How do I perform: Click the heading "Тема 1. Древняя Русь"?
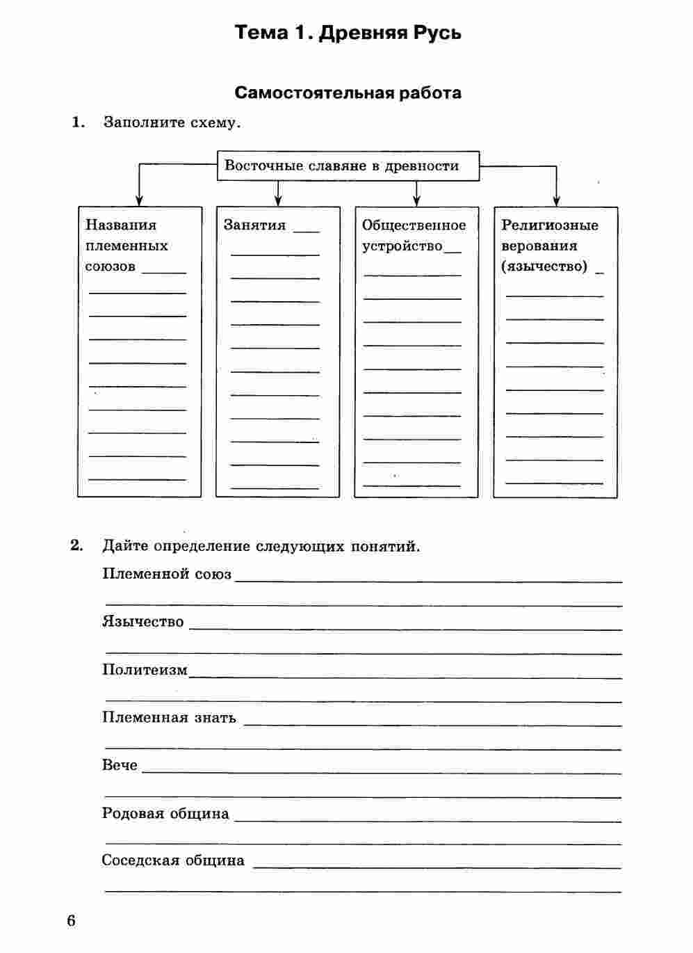(x=348, y=33)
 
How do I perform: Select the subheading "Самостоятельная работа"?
(x=348, y=93)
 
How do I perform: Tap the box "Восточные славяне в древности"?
(x=348, y=166)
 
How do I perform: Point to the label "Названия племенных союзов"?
(x=127, y=246)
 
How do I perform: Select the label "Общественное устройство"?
(x=414, y=235)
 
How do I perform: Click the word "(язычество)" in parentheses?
(x=544, y=266)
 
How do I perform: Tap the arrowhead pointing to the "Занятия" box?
(x=278, y=201)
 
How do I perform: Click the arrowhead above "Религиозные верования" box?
(x=555, y=201)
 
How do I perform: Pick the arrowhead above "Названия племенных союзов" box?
(x=139, y=201)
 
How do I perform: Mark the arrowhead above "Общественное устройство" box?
(x=416, y=201)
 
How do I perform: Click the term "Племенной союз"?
(x=167, y=574)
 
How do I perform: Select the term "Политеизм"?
(x=145, y=670)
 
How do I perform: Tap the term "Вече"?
(x=120, y=765)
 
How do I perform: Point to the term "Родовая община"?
(x=165, y=813)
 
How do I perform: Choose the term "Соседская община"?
(x=173, y=860)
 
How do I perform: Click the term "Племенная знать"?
(x=169, y=717)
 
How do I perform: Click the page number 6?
(x=71, y=921)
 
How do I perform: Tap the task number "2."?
(x=76, y=545)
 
